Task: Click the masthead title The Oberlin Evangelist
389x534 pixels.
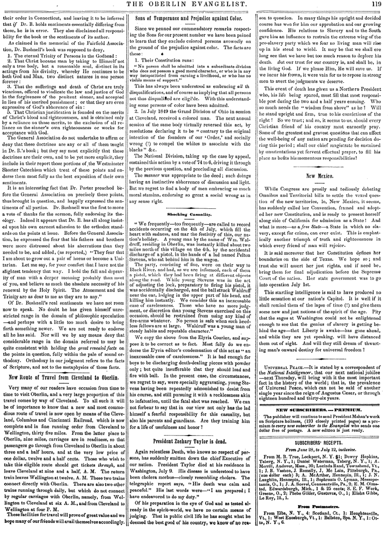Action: tap(194, 5)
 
